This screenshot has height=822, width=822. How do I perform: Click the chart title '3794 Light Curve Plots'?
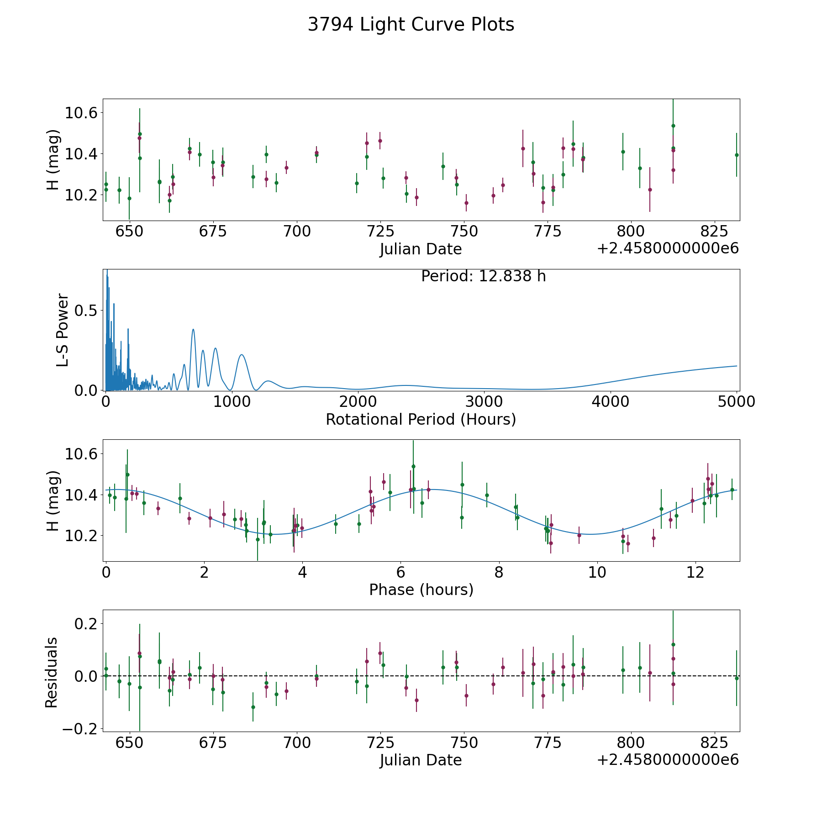[x=411, y=25]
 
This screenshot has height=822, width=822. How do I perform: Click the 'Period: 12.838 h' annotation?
[x=484, y=276]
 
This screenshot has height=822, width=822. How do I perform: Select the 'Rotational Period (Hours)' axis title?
[x=421, y=419]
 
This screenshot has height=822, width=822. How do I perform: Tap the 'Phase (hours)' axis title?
[x=421, y=590]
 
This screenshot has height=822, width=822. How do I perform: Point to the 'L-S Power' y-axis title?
[x=63, y=330]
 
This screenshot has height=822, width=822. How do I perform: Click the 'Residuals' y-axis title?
[x=51, y=672]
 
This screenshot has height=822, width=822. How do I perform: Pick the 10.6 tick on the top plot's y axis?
[x=81, y=113]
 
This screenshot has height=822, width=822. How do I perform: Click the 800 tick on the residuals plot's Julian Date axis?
[x=631, y=743]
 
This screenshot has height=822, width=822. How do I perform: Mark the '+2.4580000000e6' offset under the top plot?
[x=668, y=248]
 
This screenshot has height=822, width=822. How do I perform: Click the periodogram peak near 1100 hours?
[x=242, y=354]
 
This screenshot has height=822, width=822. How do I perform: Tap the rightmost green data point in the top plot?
[x=736, y=155]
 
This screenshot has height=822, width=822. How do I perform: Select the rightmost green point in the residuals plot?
[x=736, y=678]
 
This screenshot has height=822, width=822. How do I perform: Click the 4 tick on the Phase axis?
[x=302, y=572]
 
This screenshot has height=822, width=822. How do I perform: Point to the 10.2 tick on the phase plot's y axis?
[x=81, y=535]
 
